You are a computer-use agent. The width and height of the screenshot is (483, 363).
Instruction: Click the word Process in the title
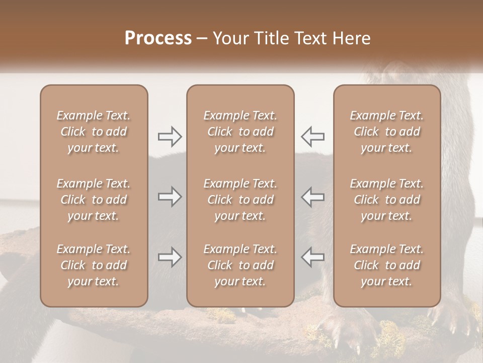coord(158,38)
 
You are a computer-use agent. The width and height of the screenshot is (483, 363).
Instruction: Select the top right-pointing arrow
coord(170,137)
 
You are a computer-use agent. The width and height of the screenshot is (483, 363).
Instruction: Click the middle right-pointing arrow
coord(170,197)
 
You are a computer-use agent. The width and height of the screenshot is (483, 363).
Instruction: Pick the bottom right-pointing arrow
coord(170,257)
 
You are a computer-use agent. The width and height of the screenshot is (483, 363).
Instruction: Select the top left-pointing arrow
coord(312,137)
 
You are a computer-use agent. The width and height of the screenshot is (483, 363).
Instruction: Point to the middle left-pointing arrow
coord(312,197)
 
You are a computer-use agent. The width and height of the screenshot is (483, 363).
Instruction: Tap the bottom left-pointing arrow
coord(312,257)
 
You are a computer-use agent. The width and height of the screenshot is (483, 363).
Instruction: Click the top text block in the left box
coord(94,132)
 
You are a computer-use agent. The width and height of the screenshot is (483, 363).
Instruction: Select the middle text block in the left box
coord(94,200)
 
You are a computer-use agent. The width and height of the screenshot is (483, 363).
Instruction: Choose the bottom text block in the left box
coord(94,265)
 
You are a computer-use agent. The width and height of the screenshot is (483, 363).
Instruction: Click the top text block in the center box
coord(240,132)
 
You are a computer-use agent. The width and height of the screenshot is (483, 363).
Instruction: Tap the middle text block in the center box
coord(240,200)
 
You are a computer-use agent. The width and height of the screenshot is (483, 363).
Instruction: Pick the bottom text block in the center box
coord(240,265)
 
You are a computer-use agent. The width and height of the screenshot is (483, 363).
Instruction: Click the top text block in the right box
coord(387,132)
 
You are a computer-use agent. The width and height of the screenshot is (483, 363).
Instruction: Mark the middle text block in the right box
coord(387,200)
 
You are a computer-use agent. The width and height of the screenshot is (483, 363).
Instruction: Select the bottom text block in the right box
coord(387,265)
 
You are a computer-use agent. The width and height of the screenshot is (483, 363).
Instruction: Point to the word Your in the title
coord(231,38)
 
